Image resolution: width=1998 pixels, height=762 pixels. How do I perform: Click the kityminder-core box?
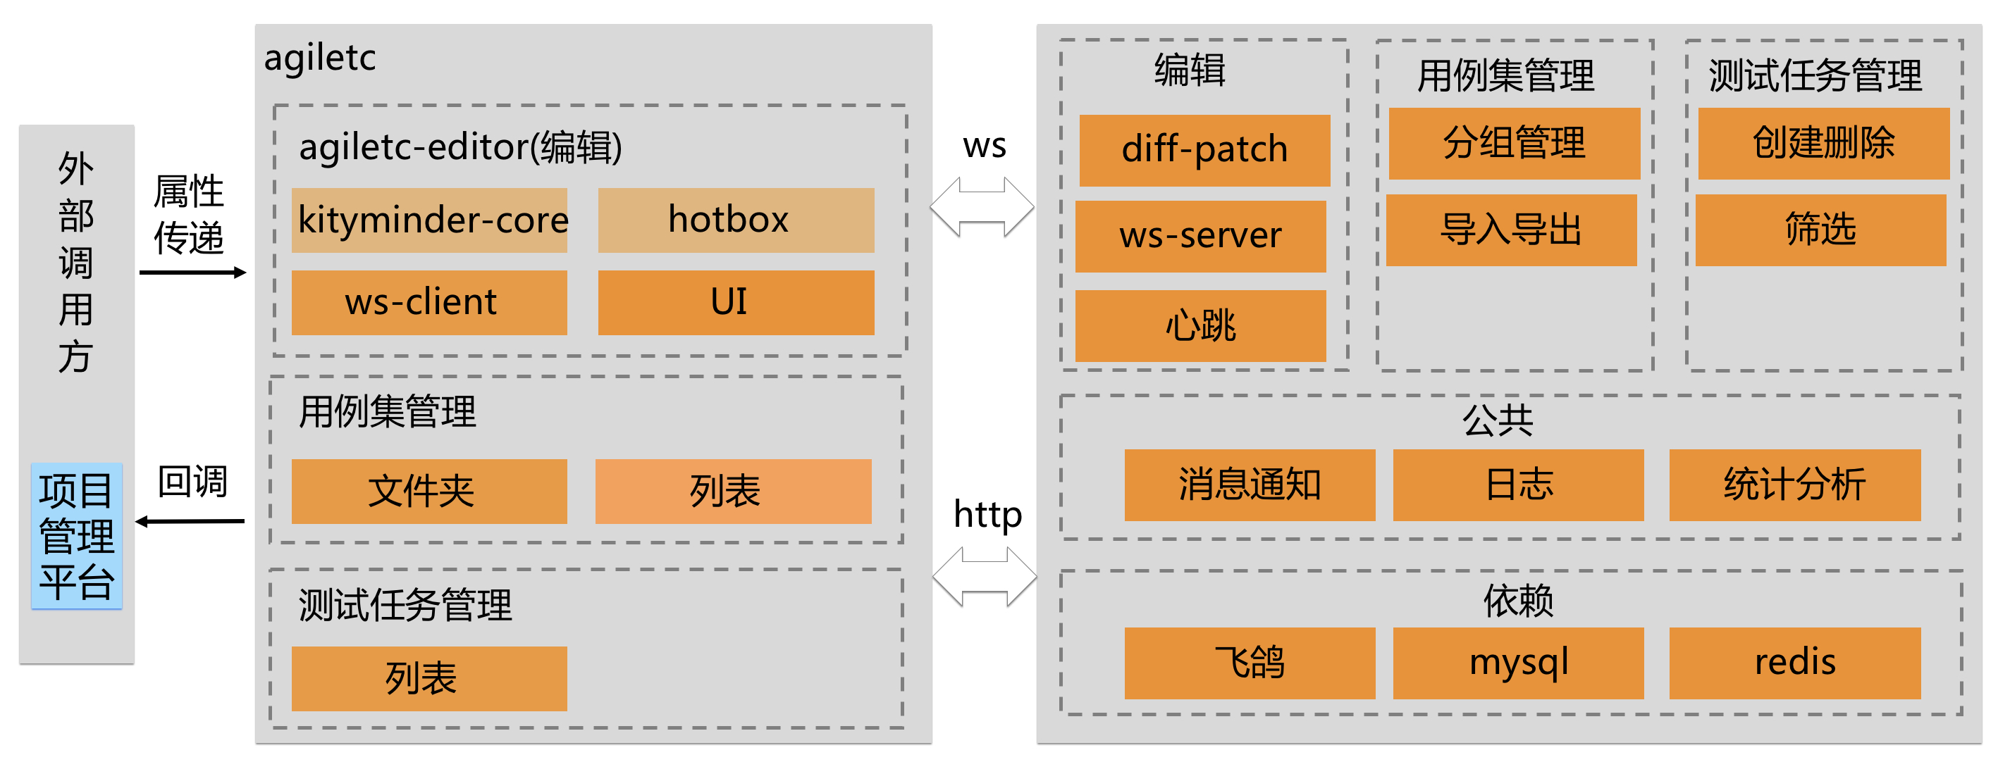(429, 220)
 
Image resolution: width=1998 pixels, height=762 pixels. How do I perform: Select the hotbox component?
(735, 220)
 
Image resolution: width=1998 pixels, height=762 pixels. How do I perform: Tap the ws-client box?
(429, 302)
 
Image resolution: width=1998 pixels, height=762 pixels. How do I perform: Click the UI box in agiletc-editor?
(735, 302)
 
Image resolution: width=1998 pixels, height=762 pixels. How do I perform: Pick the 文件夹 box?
(429, 492)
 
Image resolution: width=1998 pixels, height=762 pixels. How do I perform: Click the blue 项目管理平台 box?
(76, 536)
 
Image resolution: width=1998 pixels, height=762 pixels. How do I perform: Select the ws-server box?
(1200, 237)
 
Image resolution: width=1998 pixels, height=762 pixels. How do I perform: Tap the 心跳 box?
(1200, 325)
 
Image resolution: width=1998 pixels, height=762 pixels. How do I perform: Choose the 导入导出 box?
(1510, 230)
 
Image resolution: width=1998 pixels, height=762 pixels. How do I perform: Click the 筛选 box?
(1820, 230)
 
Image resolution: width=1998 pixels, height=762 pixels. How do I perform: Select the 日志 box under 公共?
(1517, 485)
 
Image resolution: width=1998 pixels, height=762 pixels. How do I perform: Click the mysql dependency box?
(1517, 663)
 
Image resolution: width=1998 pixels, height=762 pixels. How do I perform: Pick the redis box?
(1794, 663)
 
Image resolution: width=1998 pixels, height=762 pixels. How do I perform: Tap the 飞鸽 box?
(1249, 663)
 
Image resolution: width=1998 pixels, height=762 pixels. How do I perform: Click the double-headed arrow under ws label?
(982, 207)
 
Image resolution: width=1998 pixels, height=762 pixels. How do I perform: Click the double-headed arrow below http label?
(985, 577)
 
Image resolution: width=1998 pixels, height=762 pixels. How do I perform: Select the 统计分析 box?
(1794, 485)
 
